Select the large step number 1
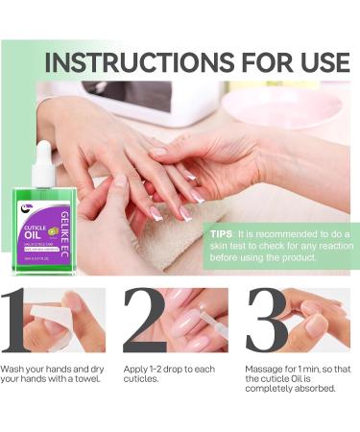21,321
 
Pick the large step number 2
144,321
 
